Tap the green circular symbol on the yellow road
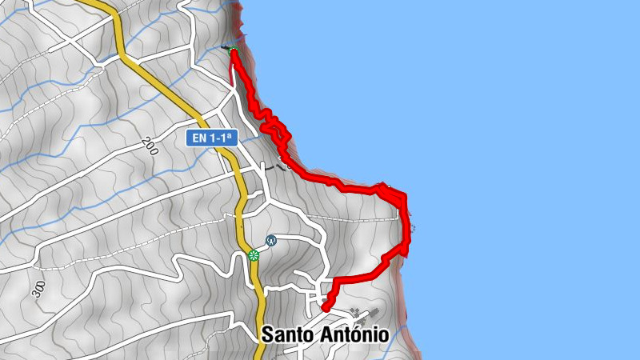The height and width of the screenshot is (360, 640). (x=254, y=255)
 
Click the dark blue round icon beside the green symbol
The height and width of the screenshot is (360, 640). (x=271, y=240)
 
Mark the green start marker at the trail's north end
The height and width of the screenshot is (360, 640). (x=233, y=53)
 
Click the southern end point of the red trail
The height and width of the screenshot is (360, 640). (x=325, y=308)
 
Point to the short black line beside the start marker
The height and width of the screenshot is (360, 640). (x=225, y=49)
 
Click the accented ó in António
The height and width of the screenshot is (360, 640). (x=364, y=334)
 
